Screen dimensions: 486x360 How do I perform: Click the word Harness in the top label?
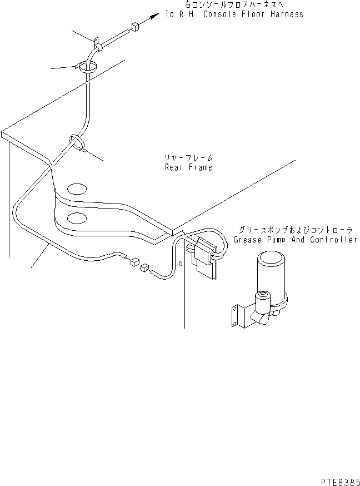(x=286, y=14)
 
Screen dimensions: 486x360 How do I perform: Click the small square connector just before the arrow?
(x=135, y=27)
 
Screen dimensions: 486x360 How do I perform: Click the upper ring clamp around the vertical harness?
(x=87, y=67)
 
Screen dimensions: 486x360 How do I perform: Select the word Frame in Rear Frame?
(x=199, y=167)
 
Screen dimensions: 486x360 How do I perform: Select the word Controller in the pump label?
(x=333, y=240)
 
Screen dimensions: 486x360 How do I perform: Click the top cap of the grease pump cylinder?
(x=270, y=257)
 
